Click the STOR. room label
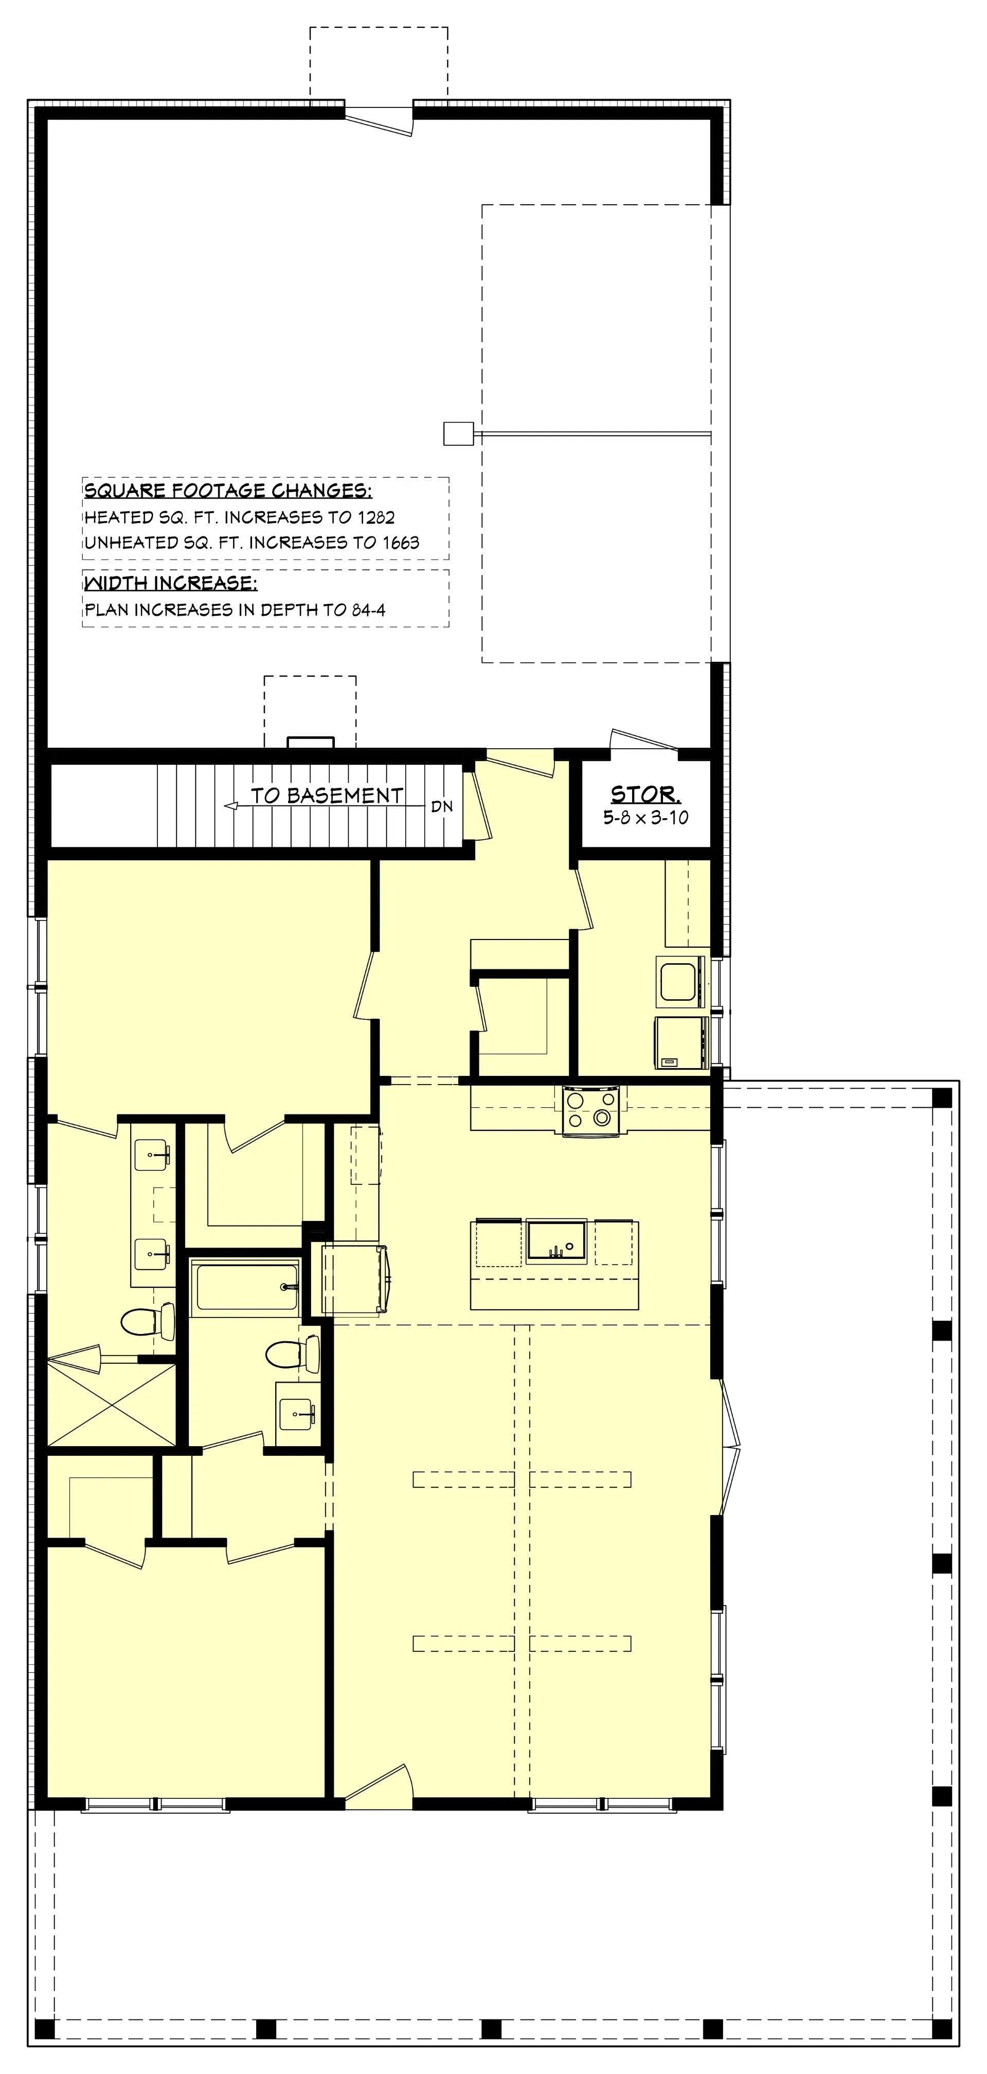645,794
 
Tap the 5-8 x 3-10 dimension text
645,817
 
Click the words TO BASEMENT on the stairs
327,796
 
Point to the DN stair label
442,806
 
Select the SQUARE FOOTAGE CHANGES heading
228,491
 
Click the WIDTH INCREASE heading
171,583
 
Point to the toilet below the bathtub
293,1354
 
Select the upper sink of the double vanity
152,1155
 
